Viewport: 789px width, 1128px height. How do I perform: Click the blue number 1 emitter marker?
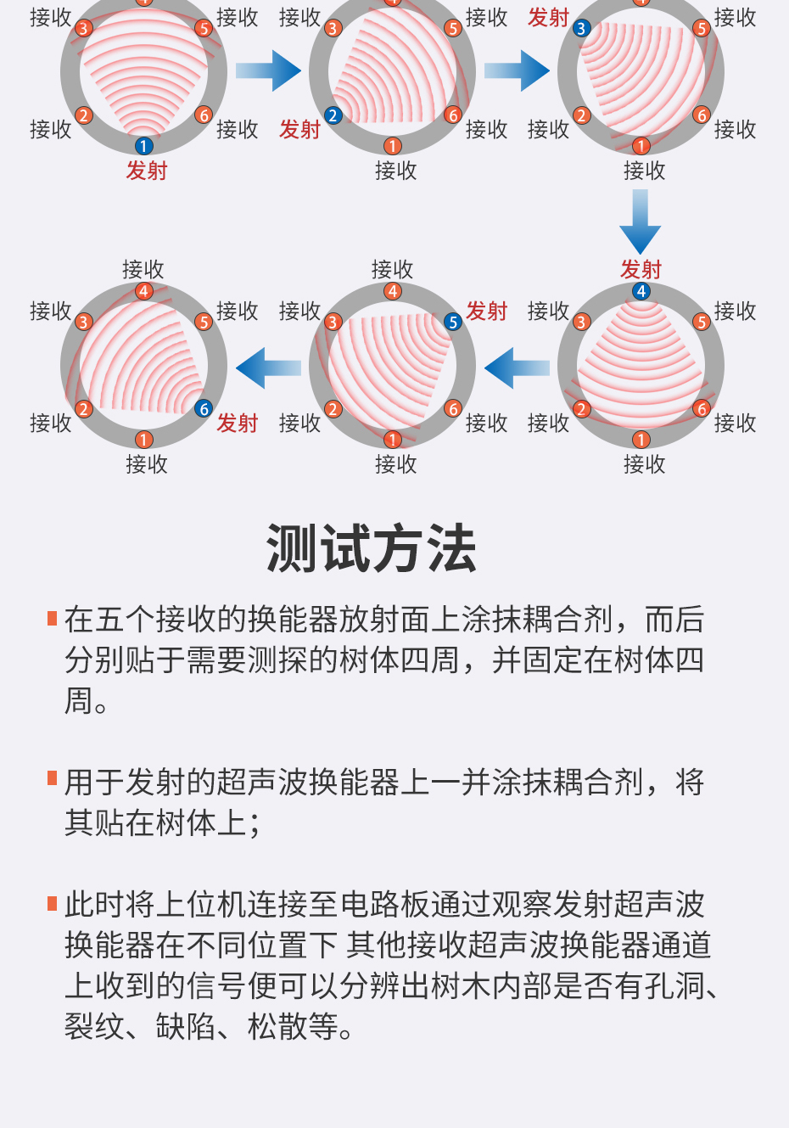[144, 146]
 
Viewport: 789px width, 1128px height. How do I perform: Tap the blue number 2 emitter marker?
[333, 115]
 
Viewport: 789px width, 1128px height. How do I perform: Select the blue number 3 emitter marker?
[581, 28]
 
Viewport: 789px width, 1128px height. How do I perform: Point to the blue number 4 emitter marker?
[641, 291]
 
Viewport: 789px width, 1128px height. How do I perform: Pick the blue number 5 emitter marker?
[453, 322]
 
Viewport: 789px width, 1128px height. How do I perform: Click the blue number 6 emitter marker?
[204, 409]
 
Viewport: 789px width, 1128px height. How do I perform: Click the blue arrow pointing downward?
[641, 220]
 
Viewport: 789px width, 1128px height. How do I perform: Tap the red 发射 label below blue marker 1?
[147, 171]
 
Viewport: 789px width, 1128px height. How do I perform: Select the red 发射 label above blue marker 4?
[641, 269]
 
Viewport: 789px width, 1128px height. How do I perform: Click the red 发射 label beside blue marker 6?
[237, 423]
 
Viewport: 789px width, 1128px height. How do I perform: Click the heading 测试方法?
[372, 548]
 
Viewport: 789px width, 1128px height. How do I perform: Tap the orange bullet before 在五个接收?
[53, 617]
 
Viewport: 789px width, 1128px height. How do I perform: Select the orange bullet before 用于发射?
[53, 778]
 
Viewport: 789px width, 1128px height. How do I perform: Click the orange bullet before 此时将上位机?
[53, 902]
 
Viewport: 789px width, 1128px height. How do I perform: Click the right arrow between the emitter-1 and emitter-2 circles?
[269, 71]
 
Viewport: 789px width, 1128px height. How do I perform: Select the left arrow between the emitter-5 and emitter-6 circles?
[269, 368]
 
